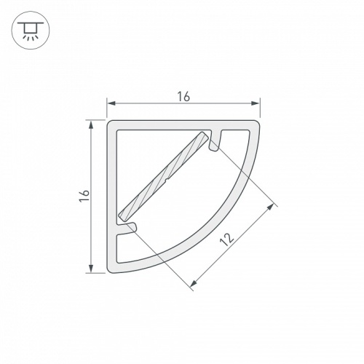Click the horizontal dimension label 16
(x=183, y=97)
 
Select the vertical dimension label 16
(x=84, y=196)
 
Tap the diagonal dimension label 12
(x=227, y=240)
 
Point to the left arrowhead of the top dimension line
(x=111, y=103)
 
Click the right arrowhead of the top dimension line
(x=255, y=103)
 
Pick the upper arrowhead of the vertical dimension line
(x=91, y=124)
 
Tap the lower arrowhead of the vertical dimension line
(x=91, y=268)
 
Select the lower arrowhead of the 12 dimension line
(x=194, y=283)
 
